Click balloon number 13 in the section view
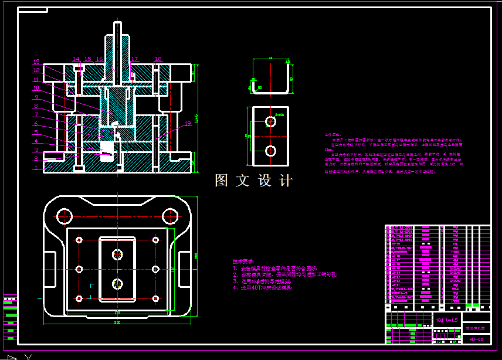[x=36, y=62]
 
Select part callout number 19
[x=188, y=124]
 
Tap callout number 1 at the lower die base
[x=36, y=168]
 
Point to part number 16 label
[x=100, y=59]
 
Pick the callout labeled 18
[x=158, y=59]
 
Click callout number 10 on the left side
[x=36, y=88]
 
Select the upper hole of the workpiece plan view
[x=270, y=121]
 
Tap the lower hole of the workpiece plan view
[x=270, y=151]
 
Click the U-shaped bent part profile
[x=271, y=76]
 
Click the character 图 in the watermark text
[x=222, y=181]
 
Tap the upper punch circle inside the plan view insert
[x=118, y=254]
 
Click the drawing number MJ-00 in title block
[x=476, y=338]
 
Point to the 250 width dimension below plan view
[x=117, y=322]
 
